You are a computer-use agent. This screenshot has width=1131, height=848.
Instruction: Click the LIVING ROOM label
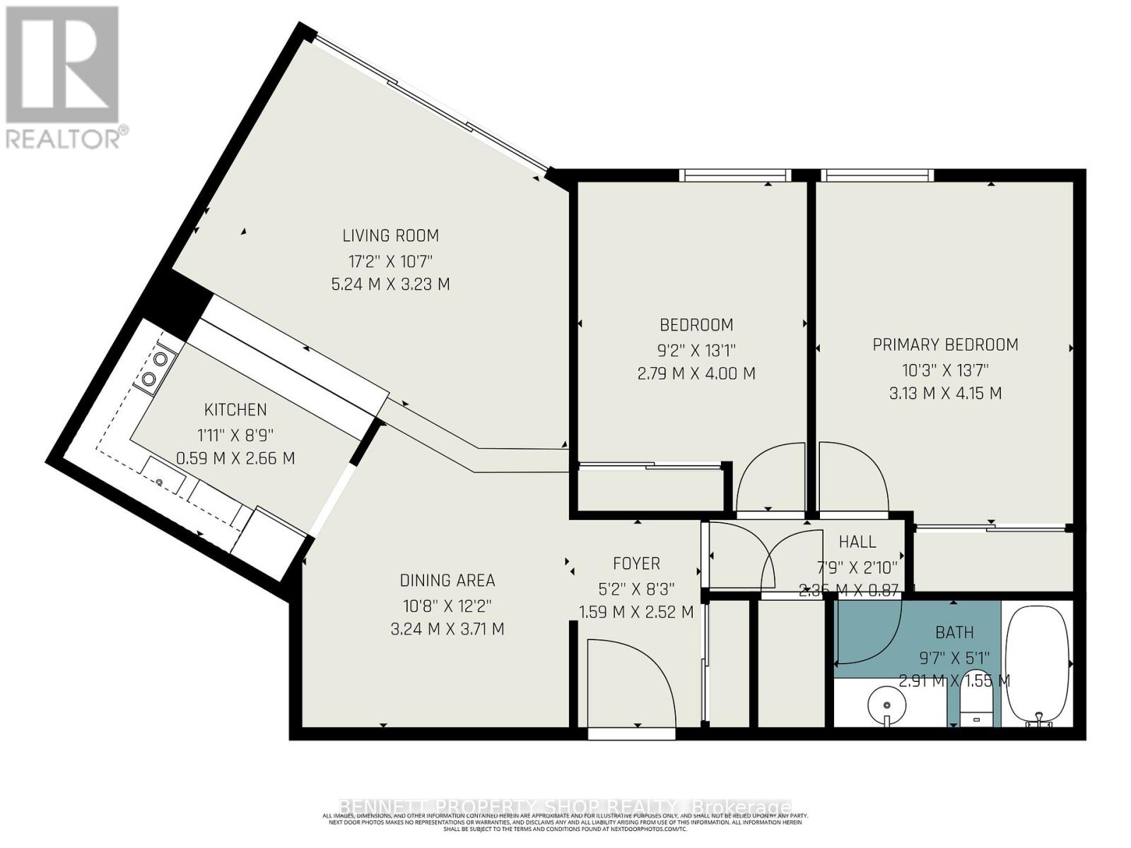point(390,235)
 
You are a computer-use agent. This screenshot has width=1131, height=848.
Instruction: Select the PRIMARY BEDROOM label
point(945,345)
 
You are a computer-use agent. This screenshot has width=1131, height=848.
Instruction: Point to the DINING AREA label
point(447,581)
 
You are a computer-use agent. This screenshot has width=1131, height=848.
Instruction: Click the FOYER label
point(636,563)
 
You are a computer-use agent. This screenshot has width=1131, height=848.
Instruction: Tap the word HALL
point(857,542)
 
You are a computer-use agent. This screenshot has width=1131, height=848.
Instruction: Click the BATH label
point(954,632)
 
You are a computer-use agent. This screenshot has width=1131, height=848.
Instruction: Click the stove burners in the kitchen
point(156,369)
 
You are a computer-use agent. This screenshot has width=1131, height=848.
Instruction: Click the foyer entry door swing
point(629,678)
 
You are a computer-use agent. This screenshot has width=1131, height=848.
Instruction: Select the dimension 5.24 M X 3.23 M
point(390,285)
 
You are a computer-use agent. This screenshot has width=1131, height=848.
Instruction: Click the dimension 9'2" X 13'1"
point(696,349)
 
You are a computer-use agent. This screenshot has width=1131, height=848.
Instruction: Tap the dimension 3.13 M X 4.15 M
point(945,394)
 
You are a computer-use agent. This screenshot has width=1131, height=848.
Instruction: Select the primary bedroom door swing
point(852,473)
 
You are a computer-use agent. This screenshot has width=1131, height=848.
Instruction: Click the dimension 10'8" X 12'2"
point(447,606)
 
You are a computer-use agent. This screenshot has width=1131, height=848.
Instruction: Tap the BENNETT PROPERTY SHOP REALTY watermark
point(565,807)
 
